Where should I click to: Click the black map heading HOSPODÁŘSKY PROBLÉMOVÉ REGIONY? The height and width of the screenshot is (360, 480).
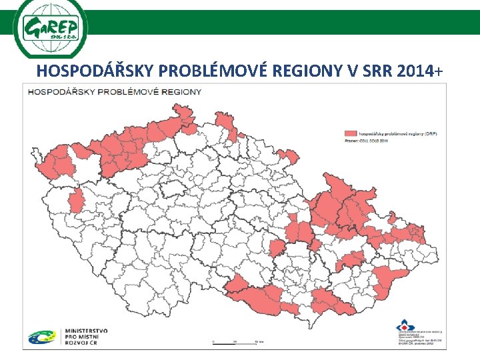pos(114,91)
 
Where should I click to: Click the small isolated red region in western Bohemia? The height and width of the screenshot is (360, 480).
pos(77,199)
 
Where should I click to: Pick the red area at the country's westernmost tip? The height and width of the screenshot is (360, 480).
pos(47,163)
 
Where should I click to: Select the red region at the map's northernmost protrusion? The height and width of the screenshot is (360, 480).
pos(224,123)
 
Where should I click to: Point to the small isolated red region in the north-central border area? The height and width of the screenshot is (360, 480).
pos(288,157)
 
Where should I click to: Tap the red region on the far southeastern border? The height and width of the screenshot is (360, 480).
pos(388,280)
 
